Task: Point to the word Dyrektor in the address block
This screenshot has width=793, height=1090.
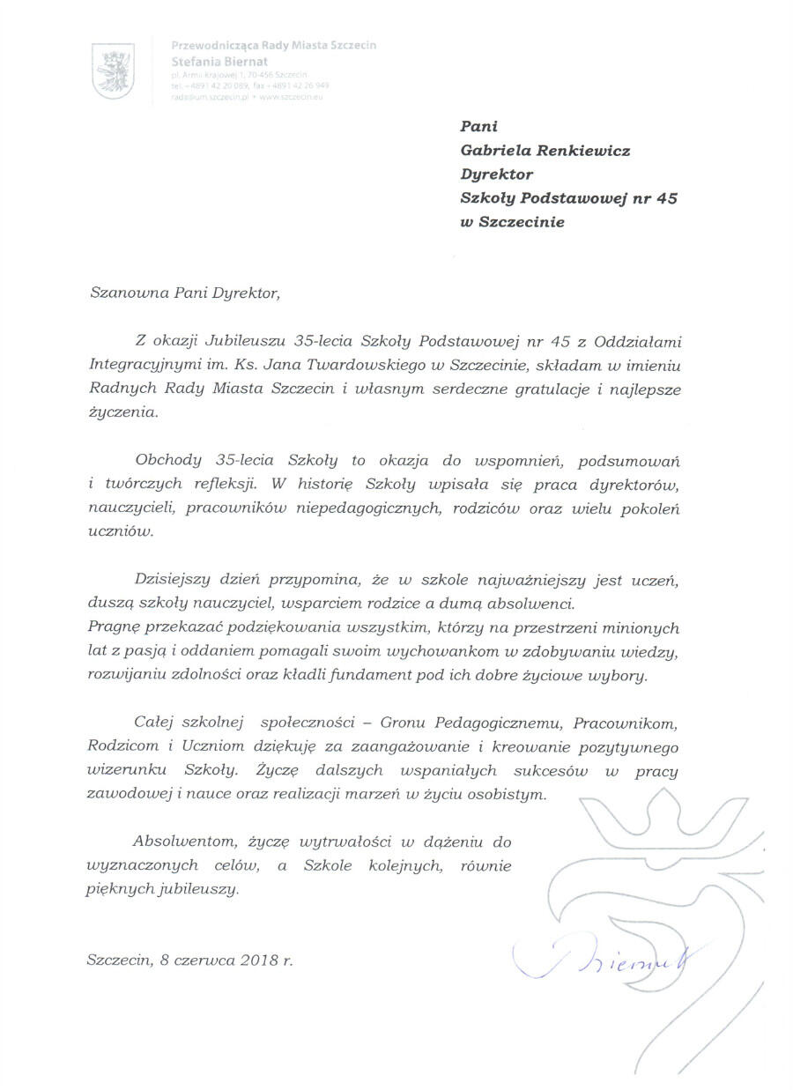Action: click(x=497, y=174)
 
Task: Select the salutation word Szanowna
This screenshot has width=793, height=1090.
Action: click(x=125, y=294)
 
